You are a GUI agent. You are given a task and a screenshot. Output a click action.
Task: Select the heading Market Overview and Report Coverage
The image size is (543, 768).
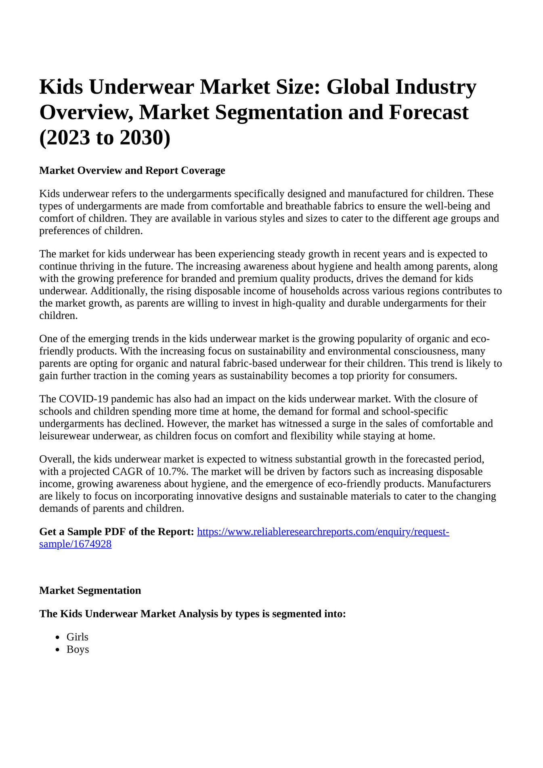132,170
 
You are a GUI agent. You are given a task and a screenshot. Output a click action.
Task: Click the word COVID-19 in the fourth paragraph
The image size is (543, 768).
83,399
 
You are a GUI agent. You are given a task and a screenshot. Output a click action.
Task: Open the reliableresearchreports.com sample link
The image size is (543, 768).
323,532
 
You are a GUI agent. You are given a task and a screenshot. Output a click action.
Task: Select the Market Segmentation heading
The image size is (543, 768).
90,590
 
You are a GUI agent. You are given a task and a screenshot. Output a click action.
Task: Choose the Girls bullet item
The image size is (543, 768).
78,637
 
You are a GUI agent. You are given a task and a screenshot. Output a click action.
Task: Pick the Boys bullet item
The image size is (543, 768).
78,649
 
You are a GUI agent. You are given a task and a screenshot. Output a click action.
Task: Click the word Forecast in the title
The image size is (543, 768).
428,112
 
